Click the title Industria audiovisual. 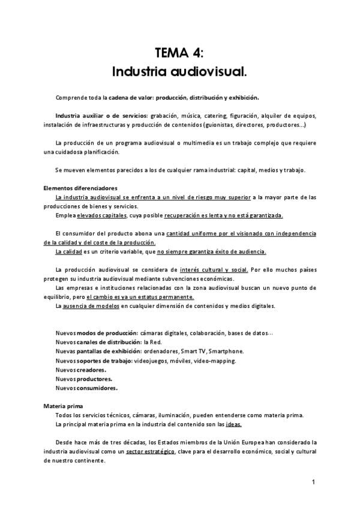pyautogui.click(x=179, y=73)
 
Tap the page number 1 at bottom pyautogui.click(x=314, y=482)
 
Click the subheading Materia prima pyautogui.click(x=63, y=406)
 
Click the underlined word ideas pyautogui.click(x=234, y=424)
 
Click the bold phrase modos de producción pyautogui.click(x=104, y=333)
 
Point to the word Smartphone pyautogui.click(x=227, y=351)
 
